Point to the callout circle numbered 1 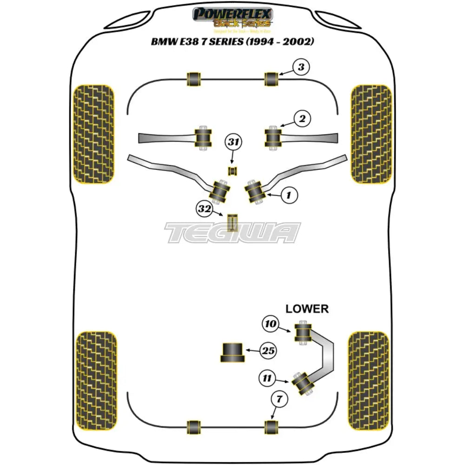pyautogui.click(x=289, y=196)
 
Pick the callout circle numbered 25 pyautogui.click(x=267, y=351)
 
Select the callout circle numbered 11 pyautogui.click(x=268, y=379)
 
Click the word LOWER pyautogui.click(x=307, y=308)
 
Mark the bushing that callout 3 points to pyautogui.click(x=271, y=79)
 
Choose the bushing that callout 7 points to pyautogui.click(x=271, y=426)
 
